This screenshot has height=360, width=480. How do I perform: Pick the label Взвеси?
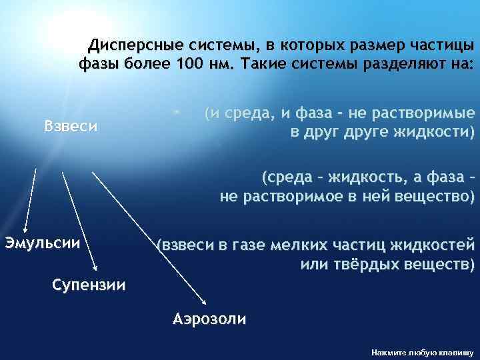pyautogui.click(x=71, y=125)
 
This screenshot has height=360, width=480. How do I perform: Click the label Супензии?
pyautogui.click(x=89, y=285)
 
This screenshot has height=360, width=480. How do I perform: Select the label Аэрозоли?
pyautogui.click(x=209, y=318)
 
